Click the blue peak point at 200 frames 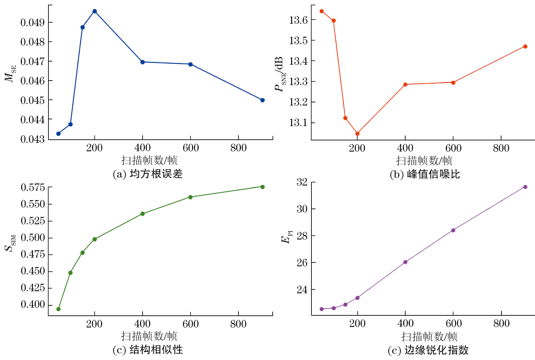pos(94,11)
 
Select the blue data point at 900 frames pos(262,100)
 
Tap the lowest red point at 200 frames pos(357,133)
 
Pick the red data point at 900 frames pos(525,46)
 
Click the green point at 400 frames pos(143,214)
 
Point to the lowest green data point pos(58,309)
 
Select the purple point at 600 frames pos(453,230)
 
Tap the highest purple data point pos(525,187)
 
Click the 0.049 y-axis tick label pos(33,23)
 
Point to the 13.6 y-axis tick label pos(298,20)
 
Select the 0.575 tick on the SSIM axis pos(33,188)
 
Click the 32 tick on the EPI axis pos(302,182)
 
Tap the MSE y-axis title pos(10,74)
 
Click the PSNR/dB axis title pos(280,74)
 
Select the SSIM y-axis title pos(10,243)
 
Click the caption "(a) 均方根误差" pos(148,174)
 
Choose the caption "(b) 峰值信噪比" pos(425,174)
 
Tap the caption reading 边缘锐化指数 pos(428,350)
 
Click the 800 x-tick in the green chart pos(238,324)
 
